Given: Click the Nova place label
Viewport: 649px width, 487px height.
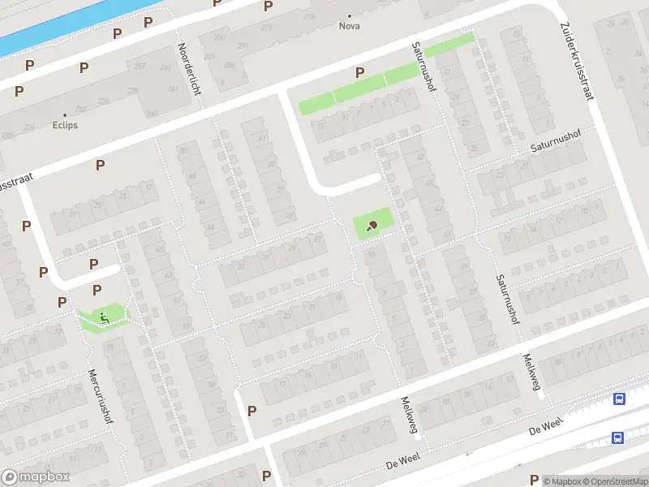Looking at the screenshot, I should coord(350,26).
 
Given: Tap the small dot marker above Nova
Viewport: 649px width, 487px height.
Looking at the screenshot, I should coord(350,15).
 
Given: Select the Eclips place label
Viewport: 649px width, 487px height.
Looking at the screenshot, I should coord(65,126).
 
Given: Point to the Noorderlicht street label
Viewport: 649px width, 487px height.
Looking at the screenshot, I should coord(188,69).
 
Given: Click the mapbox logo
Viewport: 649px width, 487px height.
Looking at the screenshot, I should coord(35,477).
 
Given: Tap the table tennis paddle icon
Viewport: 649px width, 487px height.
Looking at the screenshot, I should coord(372,226).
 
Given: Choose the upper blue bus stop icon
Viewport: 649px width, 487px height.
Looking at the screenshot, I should coord(620,399).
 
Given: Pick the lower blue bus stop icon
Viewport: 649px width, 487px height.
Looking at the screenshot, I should coord(617,437).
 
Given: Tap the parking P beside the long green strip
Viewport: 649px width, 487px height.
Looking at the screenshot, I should coord(359,73).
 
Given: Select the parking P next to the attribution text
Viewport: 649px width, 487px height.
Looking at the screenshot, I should coord(534,480).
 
